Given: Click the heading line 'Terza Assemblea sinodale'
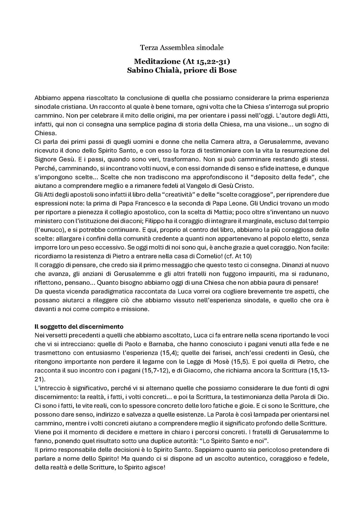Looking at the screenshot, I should [x=182, y=47].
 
